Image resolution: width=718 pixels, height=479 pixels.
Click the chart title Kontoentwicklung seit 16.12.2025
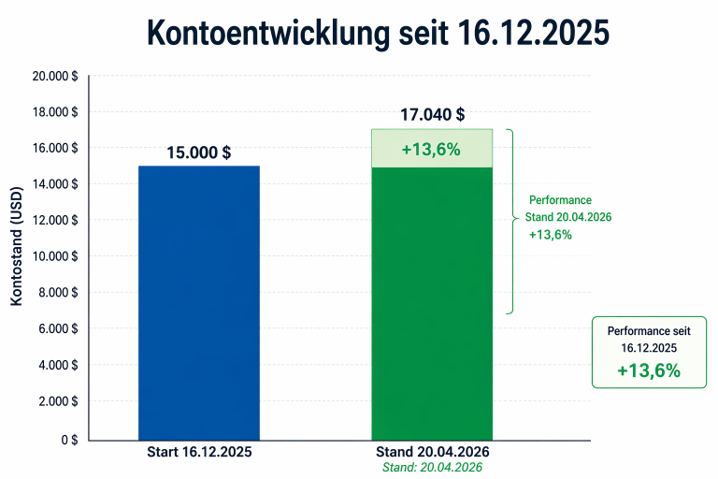[x=378, y=33]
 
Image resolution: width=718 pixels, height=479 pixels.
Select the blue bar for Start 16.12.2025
[x=199, y=303]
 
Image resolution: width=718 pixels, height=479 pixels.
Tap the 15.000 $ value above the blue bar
[x=199, y=152]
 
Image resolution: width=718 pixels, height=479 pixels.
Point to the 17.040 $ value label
[x=433, y=114]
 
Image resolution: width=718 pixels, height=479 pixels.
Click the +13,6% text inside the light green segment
[x=431, y=150]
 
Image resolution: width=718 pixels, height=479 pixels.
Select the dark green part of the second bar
[x=432, y=304]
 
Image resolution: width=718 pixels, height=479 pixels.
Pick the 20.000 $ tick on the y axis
[x=55, y=76]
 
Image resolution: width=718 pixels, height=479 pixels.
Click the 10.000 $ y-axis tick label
[x=55, y=256]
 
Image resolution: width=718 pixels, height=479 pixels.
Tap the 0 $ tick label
[x=69, y=440]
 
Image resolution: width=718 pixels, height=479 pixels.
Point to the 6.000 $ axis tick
[x=58, y=328]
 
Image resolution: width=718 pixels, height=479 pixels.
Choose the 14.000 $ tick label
[x=55, y=183]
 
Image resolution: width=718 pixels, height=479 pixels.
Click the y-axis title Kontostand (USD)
[x=17, y=246]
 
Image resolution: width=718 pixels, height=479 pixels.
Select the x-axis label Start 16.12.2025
[x=199, y=452]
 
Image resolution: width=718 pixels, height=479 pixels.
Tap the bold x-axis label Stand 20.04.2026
[x=432, y=452]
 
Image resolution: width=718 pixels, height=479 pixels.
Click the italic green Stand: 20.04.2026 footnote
[x=432, y=467]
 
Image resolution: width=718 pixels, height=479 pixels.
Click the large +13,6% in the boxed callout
[x=649, y=370]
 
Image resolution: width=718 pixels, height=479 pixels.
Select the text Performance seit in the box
[x=649, y=331]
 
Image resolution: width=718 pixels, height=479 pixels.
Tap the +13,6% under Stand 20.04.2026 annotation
[x=551, y=235]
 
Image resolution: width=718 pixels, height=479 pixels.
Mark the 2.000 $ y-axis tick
[x=58, y=401]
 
